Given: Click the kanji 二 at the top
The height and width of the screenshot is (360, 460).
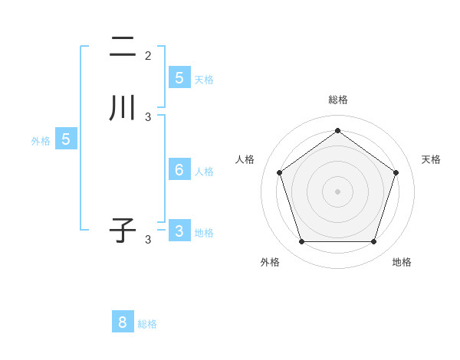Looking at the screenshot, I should tap(122, 47).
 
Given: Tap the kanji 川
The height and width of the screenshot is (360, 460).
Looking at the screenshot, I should tap(122, 108).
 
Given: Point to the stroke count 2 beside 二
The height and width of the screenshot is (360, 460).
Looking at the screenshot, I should tap(148, 56).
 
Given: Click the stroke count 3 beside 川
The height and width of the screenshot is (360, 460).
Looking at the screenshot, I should tap(148, 117).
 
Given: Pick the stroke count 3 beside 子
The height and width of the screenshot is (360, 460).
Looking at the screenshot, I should tap(148, 240).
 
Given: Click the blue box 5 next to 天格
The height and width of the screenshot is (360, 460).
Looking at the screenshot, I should tap(179, 78).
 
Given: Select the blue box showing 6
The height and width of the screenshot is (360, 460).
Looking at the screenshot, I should tap(179, 169).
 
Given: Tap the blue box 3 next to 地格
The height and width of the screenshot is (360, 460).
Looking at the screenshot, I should tap(179, 231).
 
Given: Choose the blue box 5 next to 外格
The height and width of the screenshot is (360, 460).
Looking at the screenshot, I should tap(66, 139).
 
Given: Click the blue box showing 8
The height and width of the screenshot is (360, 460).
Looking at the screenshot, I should tap(123, 322).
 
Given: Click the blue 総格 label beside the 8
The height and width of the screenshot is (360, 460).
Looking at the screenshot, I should tap(147, 324).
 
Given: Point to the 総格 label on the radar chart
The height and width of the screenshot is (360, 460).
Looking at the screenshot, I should tap(337, 100).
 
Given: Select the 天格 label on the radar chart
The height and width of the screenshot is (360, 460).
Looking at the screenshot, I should tap(431, 159).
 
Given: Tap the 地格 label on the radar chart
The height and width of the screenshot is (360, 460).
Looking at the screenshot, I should tap(402, 262).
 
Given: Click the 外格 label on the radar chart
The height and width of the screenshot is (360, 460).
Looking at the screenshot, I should tap(270, 262).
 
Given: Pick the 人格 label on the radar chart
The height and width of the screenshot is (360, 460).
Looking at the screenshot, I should tap(245, 159).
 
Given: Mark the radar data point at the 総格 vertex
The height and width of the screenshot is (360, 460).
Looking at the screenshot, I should tap(337, 130).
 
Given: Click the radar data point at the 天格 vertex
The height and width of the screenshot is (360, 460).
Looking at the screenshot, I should tap(396, 172).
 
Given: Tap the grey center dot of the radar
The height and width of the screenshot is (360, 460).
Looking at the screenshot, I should tap(337, 191).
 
